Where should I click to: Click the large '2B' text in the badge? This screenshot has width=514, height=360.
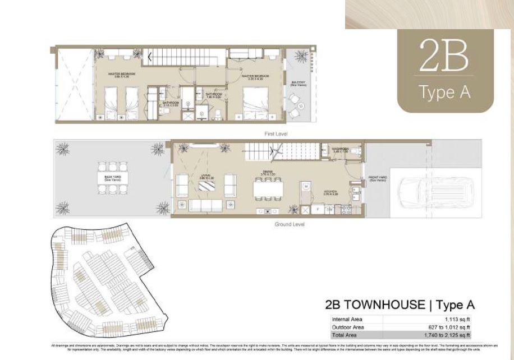[x=443, y=56]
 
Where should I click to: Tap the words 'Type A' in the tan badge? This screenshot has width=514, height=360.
[x=445, y=92]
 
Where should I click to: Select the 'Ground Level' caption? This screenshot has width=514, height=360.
[x=289, y=224]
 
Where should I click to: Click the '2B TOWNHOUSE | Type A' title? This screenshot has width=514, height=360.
[x=400, y=305]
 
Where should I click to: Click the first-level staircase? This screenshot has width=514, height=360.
[x=185, y=57]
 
